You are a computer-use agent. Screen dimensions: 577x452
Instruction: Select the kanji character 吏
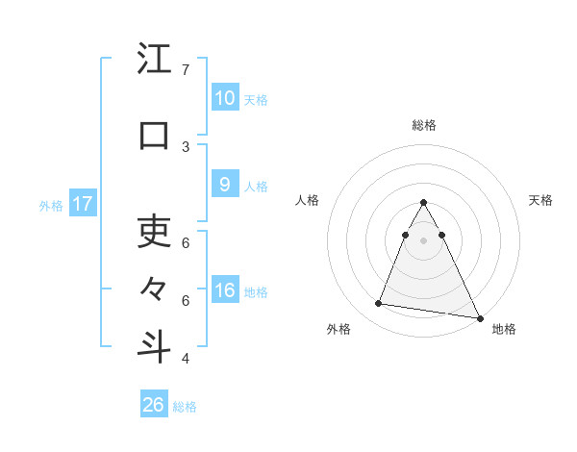click(x=154, y=231)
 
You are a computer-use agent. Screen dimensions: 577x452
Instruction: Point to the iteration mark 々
click(x=154, y=288)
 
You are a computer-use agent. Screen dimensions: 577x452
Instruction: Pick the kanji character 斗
click(x=154, y=346)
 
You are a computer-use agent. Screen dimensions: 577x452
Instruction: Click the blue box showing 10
click(x=224, y=98)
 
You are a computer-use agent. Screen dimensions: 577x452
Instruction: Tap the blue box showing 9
click(x=224, y=185)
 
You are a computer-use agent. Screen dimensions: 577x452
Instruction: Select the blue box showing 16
click(x=224, y=290)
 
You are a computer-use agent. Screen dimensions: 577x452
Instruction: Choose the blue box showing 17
click(x=82, y=204)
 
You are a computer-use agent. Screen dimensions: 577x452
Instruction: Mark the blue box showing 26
click(x=154, y=405)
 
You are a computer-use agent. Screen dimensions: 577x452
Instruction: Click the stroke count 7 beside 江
click(x=185, y=70)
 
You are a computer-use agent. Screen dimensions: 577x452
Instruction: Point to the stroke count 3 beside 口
click(x=185, y=146)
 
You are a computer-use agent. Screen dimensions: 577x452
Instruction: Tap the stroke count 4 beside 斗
click(x=185, y=359)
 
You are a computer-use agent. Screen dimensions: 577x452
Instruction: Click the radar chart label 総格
click(x=423, y=125)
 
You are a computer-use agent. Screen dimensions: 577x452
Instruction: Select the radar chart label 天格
click(x=541, y=200)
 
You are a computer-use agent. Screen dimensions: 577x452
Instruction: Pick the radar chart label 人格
click(x=307, y=200)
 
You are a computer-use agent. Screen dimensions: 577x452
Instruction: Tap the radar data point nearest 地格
click(x=479, y=316)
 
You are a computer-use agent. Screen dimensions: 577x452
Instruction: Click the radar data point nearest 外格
click(x=379, y=304)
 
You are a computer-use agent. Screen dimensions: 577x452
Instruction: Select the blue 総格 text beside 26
click(x=185, y=407)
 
